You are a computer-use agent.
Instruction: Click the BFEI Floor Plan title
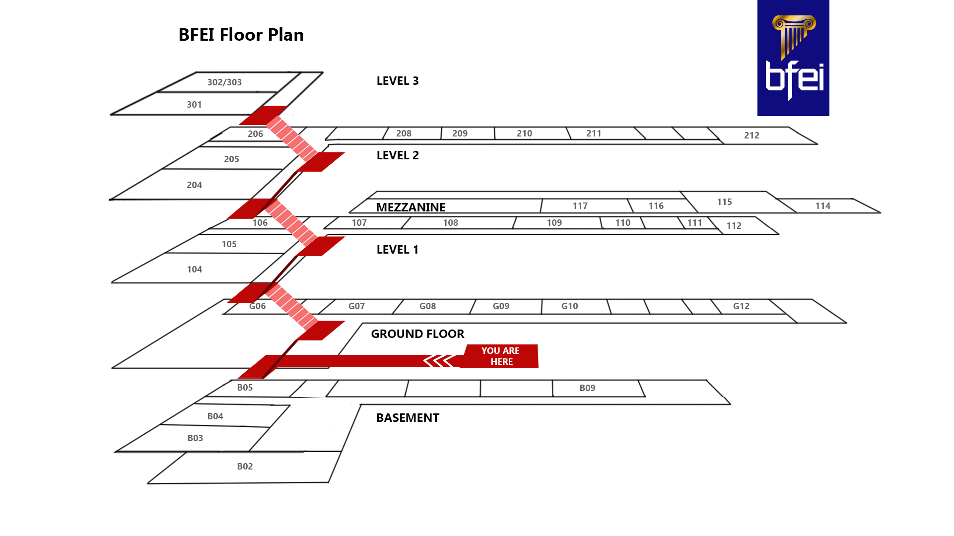click(241, 35)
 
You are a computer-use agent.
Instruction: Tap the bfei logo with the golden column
click(793, 58)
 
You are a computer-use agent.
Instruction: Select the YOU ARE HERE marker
click(500, 356)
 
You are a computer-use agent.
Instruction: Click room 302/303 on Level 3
click(224, 82)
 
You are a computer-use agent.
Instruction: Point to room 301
click(194, 105)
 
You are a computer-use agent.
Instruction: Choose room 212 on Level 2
click(751, 135)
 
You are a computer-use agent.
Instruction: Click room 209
click(460, 134)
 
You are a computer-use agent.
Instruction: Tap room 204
click(194, 185)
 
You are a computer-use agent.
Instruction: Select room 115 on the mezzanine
click(724, 202)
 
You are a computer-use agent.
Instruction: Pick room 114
click(822, 206)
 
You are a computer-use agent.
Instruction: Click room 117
click(580, 206)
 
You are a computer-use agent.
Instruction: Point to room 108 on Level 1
click(450, 223)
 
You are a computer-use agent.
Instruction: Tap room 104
click(194, 269)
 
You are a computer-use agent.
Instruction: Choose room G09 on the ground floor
click(501, 306)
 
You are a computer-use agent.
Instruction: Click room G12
click(741, 306)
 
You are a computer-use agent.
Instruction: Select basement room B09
click(587, 388)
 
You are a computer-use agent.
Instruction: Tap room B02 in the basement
click(245, 467)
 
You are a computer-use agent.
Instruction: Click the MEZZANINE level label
click(410, 207)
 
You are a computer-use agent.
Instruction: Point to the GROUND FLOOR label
click(417, 334)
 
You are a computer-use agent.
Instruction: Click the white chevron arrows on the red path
click(439, 361)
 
